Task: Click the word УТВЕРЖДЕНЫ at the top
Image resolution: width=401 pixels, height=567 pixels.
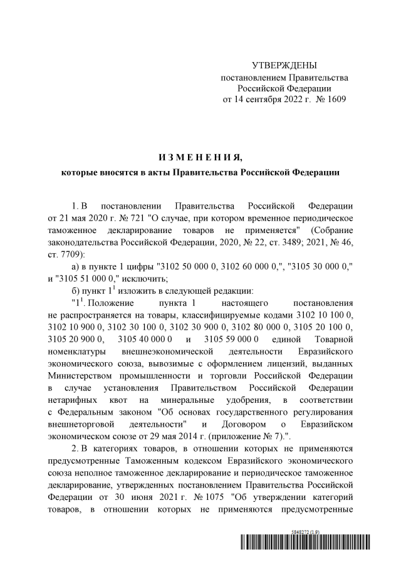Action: coord(284,66)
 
